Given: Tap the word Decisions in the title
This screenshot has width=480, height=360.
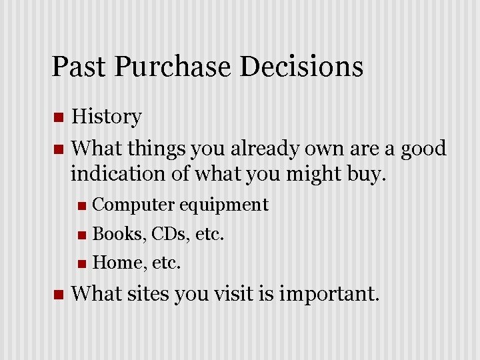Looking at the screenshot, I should (301, 67).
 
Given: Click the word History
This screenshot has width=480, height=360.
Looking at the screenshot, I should (106, 117).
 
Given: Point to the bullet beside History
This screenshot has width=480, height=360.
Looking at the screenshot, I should (58, 118).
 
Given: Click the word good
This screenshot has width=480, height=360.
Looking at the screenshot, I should (423, 148).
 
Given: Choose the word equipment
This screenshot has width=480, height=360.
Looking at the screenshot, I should (223, 205).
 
